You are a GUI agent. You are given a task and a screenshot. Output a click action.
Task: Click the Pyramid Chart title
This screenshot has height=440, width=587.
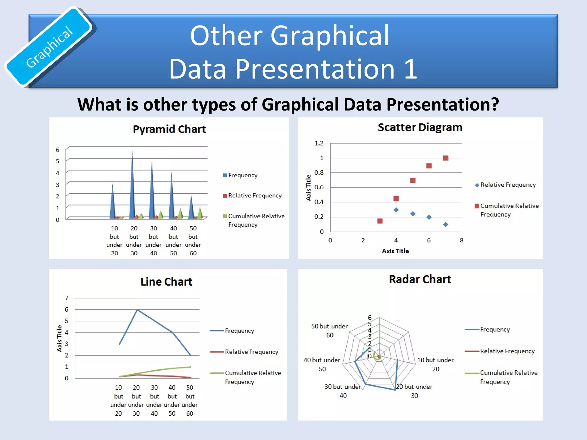click(169, 129)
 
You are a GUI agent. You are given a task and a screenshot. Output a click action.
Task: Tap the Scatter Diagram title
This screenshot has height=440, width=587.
click(420, 127)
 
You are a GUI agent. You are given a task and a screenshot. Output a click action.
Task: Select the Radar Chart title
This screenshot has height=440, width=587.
click(420, 279)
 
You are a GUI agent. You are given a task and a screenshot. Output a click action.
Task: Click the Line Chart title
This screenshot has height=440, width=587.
click(166, 282)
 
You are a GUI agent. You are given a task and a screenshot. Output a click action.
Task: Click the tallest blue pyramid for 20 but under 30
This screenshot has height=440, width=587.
click(132, 186)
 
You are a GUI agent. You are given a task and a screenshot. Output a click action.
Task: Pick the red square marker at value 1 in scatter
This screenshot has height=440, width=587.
click(445, 158)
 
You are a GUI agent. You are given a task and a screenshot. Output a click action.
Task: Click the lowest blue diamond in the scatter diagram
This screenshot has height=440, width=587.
click(445, 225)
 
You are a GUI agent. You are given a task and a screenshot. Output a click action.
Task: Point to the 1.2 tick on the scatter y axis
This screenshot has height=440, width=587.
click(319, 143)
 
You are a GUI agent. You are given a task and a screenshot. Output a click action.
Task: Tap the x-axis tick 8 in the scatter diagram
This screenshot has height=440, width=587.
click(461, 240)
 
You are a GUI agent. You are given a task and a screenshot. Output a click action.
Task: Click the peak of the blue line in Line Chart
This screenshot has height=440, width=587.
click(137, 310)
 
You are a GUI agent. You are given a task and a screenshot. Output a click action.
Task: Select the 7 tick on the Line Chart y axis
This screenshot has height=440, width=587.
click(66, 298)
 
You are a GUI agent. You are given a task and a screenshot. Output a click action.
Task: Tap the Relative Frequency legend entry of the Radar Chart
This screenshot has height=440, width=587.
click(507, 351)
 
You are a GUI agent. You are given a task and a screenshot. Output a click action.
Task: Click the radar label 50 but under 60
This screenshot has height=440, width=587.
click(329, 331)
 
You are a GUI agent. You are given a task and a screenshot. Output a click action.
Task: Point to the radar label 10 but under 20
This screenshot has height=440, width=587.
click(435, 364)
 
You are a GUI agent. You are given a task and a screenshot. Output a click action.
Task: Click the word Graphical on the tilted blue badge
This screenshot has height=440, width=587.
click(49, 47)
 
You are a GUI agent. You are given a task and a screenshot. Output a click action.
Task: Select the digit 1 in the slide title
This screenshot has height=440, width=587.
click(410, 69)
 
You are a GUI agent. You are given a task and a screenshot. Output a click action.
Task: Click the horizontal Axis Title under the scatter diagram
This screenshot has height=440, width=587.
click(395, 251)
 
